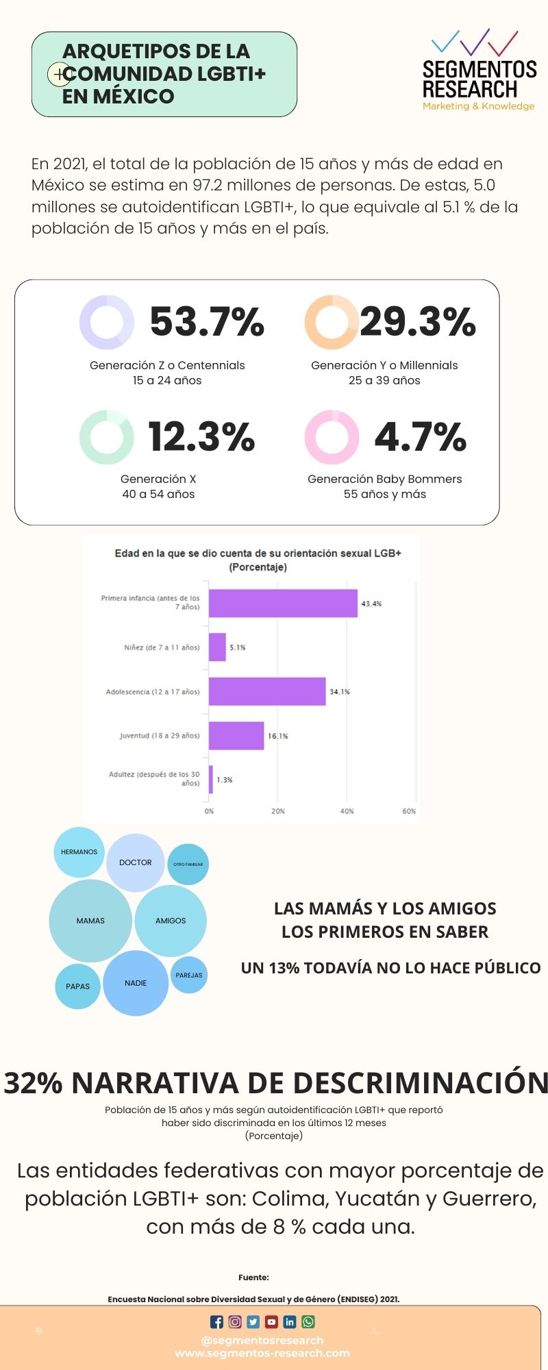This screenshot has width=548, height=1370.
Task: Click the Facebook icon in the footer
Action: (x=216, y=1322)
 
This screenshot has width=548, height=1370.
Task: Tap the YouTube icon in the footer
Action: (x=272, y=1322)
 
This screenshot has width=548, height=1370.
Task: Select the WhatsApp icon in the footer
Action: (x=308, y=1322)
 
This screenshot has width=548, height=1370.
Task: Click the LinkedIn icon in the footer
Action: (x=290, y=1322)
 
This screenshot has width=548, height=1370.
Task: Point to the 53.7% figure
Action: (x=207, y=321)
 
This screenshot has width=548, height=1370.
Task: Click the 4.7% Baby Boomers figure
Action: (x=420, y=437)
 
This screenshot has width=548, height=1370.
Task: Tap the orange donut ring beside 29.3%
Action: (x=332, y=322)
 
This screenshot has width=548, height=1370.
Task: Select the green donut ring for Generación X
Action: (x=106, y=437)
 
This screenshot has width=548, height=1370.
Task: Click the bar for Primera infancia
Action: (x=283, y=603)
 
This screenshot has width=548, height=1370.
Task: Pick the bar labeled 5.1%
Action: (x=217, y=647)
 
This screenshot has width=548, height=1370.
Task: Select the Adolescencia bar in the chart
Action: (x=267, y=691)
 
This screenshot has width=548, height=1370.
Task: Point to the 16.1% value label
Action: (x=278, y=736)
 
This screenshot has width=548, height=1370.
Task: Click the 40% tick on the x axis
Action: (x=347, y=811)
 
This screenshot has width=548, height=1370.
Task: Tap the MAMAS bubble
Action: (x=90, y=921)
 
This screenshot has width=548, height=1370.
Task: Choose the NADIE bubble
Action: (x=136, y=983)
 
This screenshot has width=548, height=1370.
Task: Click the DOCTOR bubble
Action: (x=136, y=862)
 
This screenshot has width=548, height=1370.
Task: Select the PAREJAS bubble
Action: (x=189, y=975)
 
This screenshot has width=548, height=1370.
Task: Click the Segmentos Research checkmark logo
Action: (x=475, y=42)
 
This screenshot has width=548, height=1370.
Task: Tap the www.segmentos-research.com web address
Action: (x=262, y=1353)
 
